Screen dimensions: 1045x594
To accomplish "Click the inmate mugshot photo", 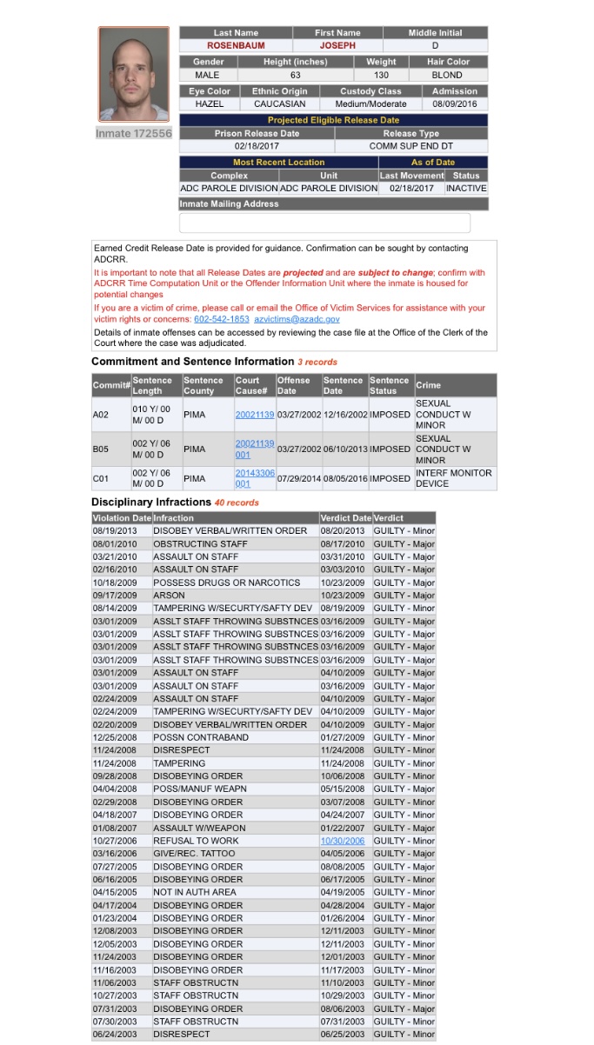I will pos(133,75).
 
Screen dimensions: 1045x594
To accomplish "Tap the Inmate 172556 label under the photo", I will pos(133,134).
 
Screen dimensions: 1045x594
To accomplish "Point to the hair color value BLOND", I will pos(447,75).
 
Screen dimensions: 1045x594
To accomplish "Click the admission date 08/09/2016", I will pos(454,103).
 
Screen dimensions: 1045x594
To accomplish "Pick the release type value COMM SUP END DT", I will pos(410,146).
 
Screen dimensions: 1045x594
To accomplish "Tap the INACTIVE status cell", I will pos(466,188).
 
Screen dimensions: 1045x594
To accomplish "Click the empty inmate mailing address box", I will pos(324,223).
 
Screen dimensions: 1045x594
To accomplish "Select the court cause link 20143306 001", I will pos(254,478).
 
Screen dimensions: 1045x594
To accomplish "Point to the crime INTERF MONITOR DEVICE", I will pos(453,478).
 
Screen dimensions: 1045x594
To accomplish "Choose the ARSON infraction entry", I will pos(169,596).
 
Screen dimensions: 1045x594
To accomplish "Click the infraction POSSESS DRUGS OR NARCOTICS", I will pos(226,582).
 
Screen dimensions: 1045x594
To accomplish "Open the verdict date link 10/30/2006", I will pos(343,841).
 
